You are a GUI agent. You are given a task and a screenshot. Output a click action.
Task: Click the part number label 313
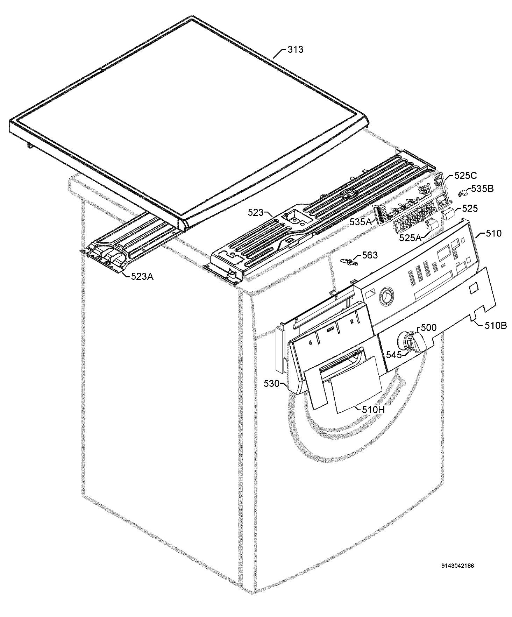295,50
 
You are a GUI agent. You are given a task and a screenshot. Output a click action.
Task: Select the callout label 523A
142,277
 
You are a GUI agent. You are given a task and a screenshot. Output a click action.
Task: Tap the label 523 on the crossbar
256,212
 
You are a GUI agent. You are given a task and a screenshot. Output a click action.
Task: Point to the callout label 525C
465,176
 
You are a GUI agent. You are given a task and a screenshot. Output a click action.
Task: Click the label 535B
482,189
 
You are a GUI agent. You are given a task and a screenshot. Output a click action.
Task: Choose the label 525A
411,238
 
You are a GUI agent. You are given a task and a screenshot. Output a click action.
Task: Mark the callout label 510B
496,325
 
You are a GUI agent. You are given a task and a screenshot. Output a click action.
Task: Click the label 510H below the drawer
373,409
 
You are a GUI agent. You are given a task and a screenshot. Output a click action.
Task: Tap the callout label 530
271,384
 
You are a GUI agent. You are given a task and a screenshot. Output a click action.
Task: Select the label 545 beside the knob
394,355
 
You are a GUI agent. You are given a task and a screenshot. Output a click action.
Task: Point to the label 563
370,255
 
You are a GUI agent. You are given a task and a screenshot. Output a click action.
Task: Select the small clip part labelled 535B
463,193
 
